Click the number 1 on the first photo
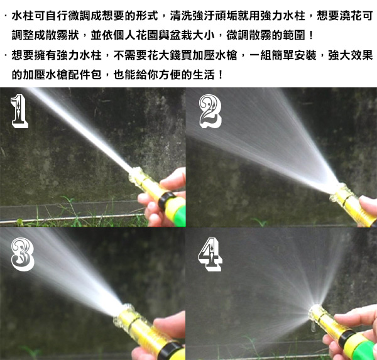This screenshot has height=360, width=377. click(x=19, y=111)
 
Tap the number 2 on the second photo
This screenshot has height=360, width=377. click(x=210, y=111)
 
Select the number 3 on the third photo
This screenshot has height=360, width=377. click(x=23, y=254)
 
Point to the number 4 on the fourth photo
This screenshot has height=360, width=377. click(x=210, y=254)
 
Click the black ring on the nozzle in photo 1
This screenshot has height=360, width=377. click(x=166, y=201)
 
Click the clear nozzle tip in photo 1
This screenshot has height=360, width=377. click(x=136, y=175)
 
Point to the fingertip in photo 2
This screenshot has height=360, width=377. click(x=368, y=202)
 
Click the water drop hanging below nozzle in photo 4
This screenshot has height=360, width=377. click(x=313, y=327)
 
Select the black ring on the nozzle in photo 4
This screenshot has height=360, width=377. click(x=346, y=337)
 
